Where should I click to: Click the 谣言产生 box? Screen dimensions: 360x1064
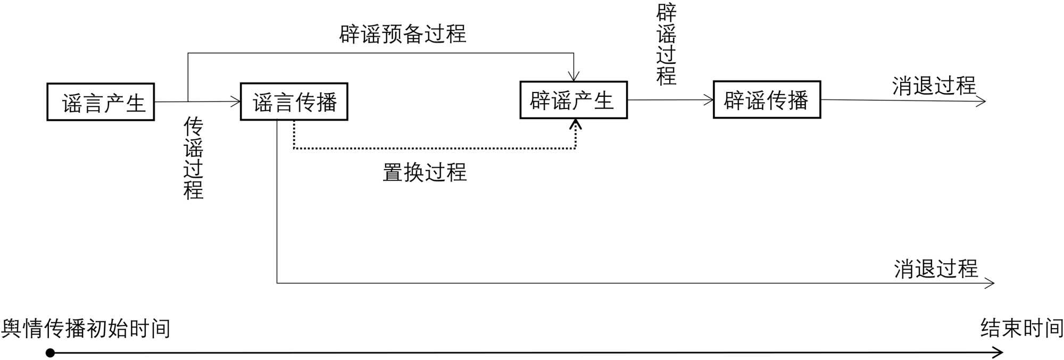pyautogui.click(x=101, y=102)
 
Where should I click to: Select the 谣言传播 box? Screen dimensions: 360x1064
pyautogui.click(x=294, y=102)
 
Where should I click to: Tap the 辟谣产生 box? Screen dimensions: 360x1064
pyautogui.click(x=573, y=100)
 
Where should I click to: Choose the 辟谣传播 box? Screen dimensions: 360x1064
pyautogui.click(x=767, y=99)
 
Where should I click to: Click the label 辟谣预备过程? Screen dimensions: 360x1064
pyautogui.click(x=403, y=34)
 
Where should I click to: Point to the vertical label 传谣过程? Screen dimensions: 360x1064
pyautogui.click(x=193, y=158)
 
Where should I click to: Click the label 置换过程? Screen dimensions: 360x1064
pyautogui.click(x=425, y=172)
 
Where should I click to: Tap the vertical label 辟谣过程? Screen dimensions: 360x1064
pyautogui.click(x=667, y=45)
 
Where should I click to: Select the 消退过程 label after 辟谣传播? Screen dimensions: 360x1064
pyautogui.click(x=934, y=86)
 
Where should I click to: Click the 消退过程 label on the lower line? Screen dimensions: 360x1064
pyautogui.click(x=936, y=269)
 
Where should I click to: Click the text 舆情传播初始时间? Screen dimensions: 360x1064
pyautogui.click(x=86, y=329)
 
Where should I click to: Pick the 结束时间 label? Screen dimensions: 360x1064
pyautogui.click(x=1022, y=328)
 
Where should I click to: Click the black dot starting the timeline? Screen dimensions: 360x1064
pyautogui.click(x=50, y=353)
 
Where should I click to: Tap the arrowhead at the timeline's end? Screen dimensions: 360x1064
pyautogui.click(x=999, y=352)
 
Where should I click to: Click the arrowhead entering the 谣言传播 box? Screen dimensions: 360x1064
pyautogui.click(x=236, y=102)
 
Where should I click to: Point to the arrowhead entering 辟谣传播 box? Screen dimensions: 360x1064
pyautogui.click(x=709, y=100)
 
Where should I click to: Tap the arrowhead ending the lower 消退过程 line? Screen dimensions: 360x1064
pyautogui.click(x=990, y=283)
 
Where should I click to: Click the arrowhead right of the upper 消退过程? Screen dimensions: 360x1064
pyautogui.click(x=982, y=101)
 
